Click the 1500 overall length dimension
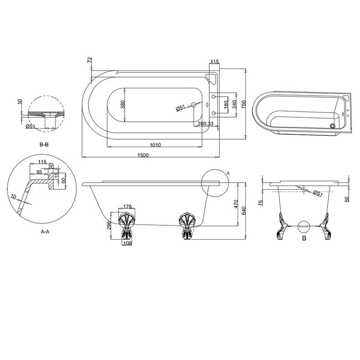(143, 155)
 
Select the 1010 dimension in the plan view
(155, 145)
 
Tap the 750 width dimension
(244, 104)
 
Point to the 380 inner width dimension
(123, 104)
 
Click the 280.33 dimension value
(206, 123)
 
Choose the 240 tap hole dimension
(234, 104)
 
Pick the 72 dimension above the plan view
(89, 60)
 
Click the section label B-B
(44, 145)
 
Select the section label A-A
(45, 231)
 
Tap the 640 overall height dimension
(244, 210)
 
